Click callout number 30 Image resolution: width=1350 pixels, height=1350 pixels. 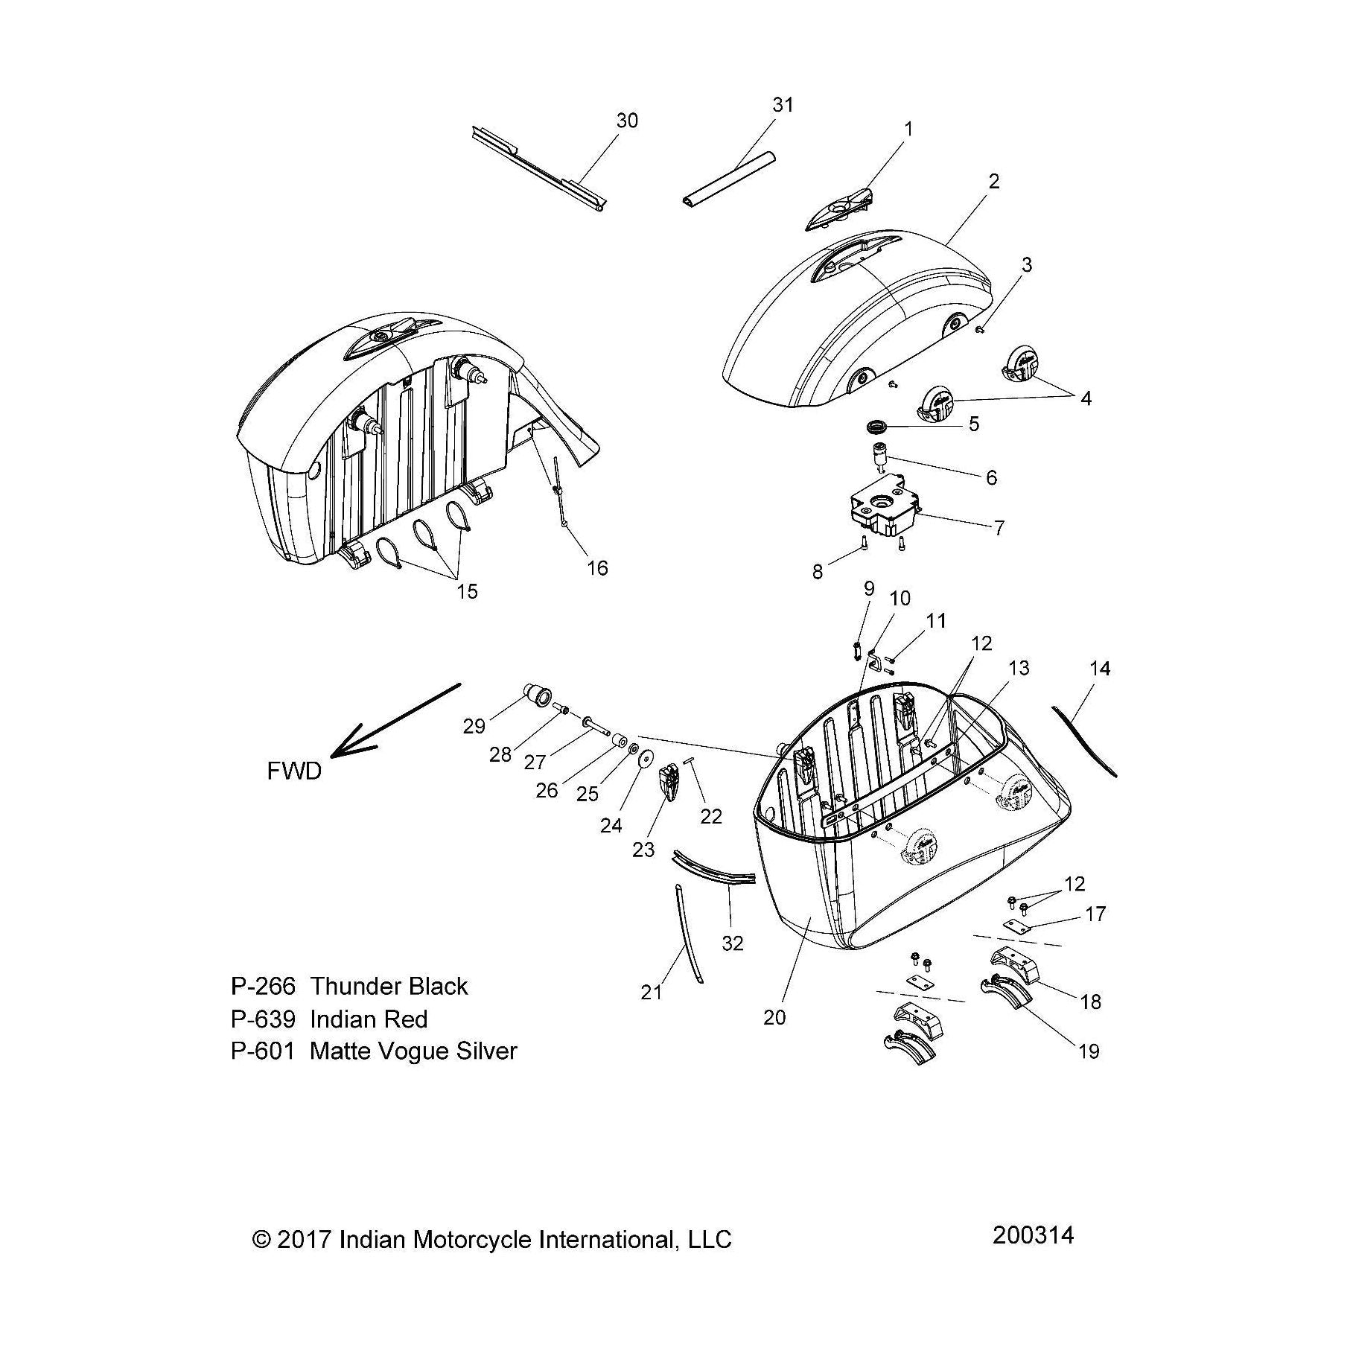point(627,121)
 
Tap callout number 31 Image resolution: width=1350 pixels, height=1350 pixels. point(783,105)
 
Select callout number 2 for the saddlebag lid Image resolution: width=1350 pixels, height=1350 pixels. point(994,181)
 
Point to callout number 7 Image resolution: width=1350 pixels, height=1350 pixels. point(999,527)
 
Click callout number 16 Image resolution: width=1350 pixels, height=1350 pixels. point(597,568)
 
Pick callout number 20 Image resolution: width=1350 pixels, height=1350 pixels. point(774,1017)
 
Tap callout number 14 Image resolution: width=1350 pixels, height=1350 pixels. point(1099,669)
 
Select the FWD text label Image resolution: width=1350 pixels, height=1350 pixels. point(294,771)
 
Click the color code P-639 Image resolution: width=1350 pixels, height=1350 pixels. point(263,1019)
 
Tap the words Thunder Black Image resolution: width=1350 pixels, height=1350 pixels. point(389,986)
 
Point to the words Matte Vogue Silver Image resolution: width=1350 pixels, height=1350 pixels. point(413,1051)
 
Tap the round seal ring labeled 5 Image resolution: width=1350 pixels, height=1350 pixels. point(879,427)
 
